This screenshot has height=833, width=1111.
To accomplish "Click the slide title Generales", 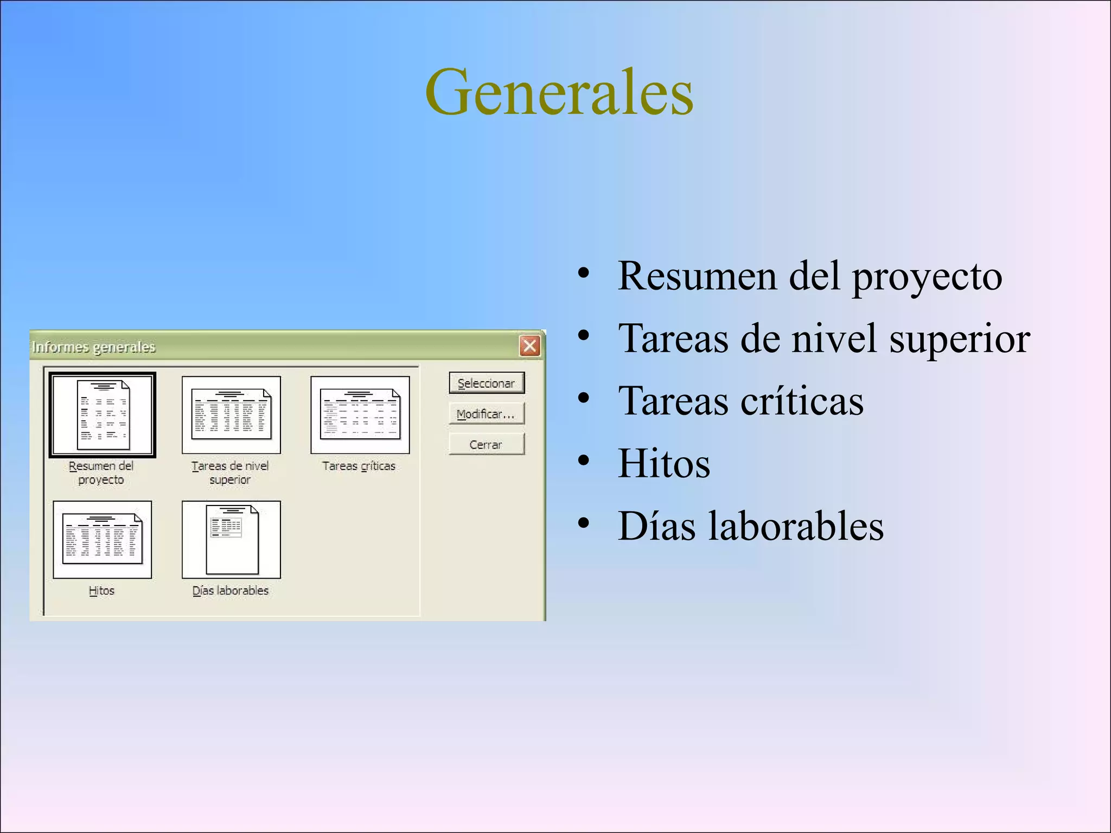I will pos(559,92).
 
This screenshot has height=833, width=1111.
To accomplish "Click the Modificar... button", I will pos(486,414).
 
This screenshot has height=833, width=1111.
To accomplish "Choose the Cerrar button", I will pos(486,444).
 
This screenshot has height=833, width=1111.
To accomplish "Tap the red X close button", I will pos(530,345).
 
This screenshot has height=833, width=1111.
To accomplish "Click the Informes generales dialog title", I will pos(94,347).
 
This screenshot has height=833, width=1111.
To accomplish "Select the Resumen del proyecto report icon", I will pos(103,415).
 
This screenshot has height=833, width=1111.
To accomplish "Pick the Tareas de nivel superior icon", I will pos(231,415).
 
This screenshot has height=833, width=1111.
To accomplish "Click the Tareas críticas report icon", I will pos(360,415).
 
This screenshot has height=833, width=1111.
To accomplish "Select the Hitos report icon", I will pos(103,540).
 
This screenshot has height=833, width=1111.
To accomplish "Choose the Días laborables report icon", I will pos(231,540).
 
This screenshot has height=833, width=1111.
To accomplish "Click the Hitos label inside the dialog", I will pos(101,590).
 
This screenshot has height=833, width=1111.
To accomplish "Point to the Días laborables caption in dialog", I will pos(231,590).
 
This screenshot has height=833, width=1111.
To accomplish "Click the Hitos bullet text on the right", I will pos(664,463).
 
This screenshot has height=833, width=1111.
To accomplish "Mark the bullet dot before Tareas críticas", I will pos(584,400).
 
